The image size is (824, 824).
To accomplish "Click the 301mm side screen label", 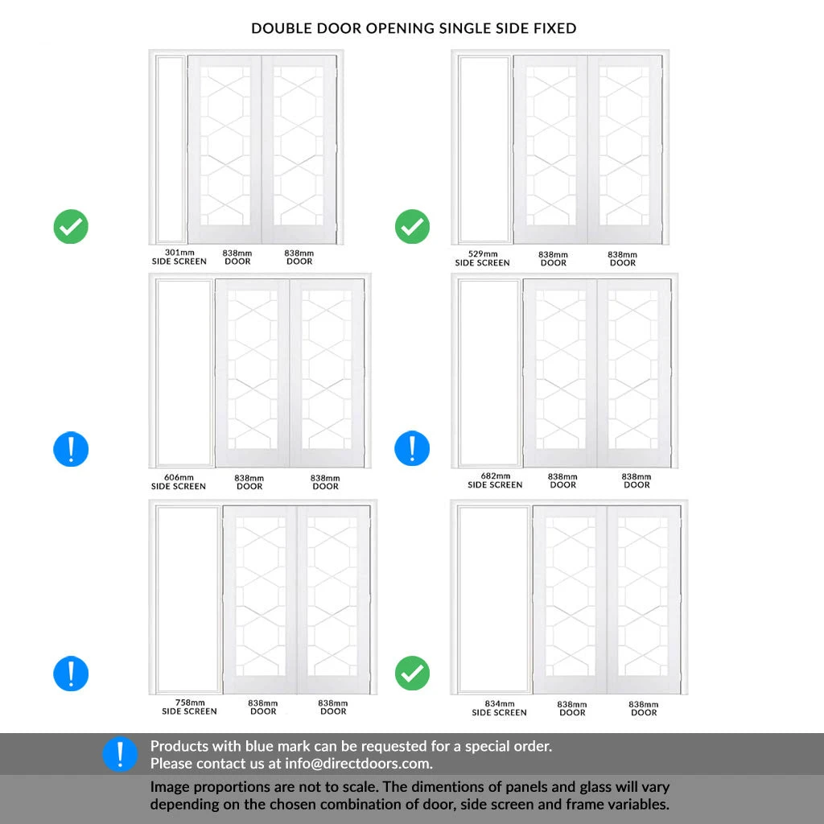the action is click(179, 257).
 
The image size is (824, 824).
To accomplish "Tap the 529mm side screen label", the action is click(483, 258).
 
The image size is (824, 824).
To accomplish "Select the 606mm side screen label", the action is click(179, 482).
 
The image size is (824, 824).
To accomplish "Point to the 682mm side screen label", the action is click(495, 480).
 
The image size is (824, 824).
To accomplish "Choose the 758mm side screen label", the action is click(189, 707).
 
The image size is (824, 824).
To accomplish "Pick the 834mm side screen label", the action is click(499, 708).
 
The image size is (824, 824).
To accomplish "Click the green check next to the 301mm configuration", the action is click(71, 226).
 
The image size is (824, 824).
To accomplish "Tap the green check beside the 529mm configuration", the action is click(413, 226).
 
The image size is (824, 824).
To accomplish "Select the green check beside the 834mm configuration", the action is click(413, 674).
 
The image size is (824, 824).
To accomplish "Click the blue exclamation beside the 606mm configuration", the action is click(71, 449).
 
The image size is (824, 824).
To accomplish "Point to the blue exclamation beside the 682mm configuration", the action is click(413, 448).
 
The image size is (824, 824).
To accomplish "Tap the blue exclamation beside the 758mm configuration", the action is click(71, 674).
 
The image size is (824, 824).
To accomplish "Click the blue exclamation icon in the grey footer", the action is click(121, 754).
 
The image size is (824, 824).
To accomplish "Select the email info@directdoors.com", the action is click(358, 764).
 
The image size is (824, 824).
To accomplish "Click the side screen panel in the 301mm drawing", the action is click(171, 149).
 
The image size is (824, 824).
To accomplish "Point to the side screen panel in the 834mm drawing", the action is click(493, 599).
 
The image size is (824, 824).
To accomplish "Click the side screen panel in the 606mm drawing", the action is click(184, 373).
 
